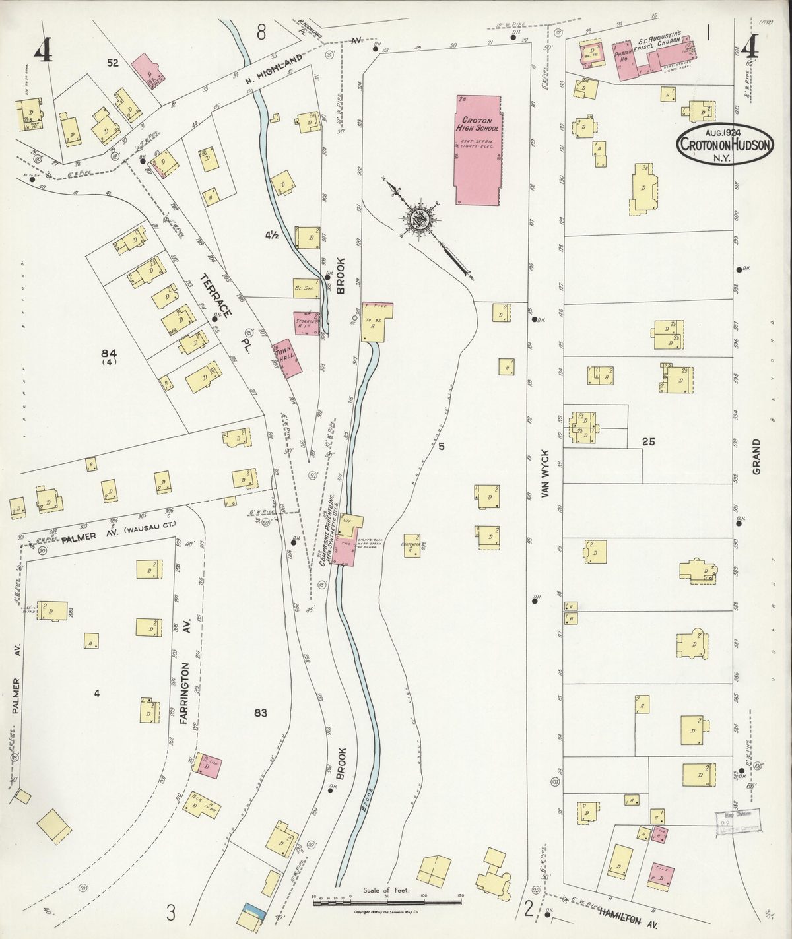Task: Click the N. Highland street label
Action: (274, 68)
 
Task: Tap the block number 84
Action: (109, 352)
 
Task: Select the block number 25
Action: (649, 442)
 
